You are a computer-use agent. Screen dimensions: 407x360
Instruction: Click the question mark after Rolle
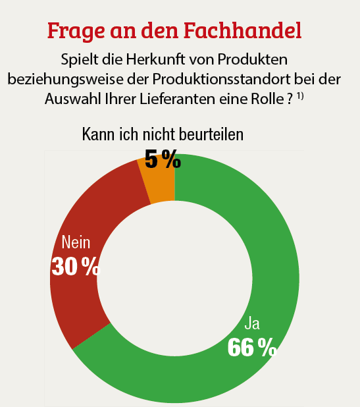click(x=290, y=98)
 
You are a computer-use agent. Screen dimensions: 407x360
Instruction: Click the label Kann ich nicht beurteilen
click(x=163, y=134)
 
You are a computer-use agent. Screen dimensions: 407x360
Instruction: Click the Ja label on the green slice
click(x=251, y=323)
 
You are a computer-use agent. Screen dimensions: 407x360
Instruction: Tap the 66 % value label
click(x=251, y=347)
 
